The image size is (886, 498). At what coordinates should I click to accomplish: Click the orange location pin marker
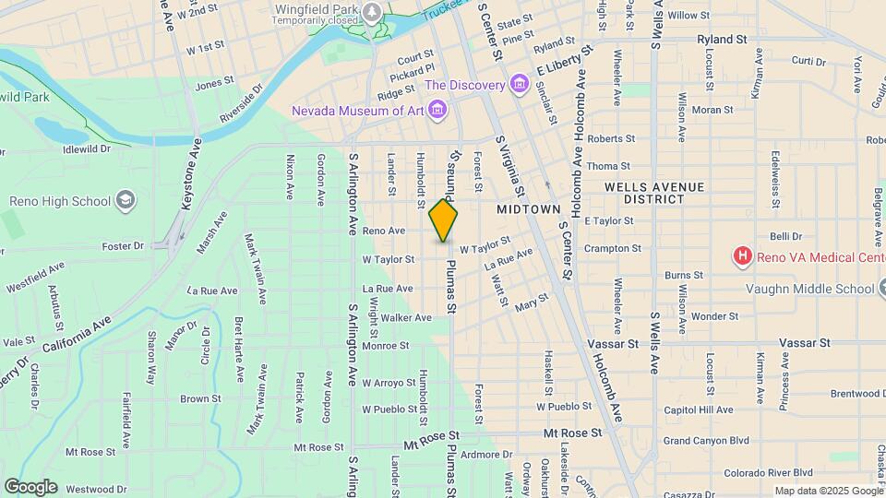coord(443,219)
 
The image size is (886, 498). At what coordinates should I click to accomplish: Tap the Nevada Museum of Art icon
coord(437,112)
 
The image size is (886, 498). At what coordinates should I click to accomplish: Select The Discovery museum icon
coord(519,86)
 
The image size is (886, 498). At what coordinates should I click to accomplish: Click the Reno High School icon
coord(125,201)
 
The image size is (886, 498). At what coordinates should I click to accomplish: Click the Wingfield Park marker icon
coord(372,12)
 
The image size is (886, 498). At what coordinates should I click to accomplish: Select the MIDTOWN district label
coord(529,209)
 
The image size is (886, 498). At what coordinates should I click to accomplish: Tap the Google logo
coord(30,486)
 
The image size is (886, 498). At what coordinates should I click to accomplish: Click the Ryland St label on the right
coord(722,40)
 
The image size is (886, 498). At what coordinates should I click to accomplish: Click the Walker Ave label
coord(407,317)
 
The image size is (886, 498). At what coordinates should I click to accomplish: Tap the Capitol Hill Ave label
coord(698,409)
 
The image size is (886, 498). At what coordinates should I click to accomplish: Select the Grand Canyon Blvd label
coord(706,441)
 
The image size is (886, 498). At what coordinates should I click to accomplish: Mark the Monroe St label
coord(386,346)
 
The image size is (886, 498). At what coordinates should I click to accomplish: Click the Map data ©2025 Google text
coord(827,491)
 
